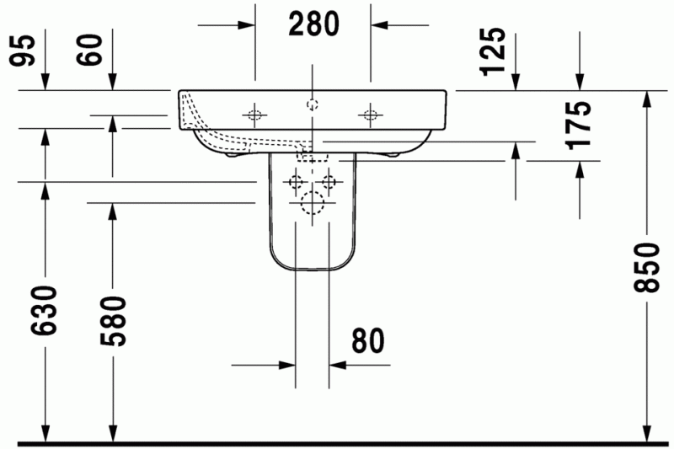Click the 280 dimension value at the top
click(313, 24)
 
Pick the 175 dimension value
click(580, 125)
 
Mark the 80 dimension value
click(367, 341)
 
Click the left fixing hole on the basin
click(253, 115)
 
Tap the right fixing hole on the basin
click(369, 115)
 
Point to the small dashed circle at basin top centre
click(312, 105)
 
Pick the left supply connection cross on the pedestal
click(295, 181)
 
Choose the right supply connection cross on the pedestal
click(329, 181)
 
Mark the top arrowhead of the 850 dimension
click(646, 98)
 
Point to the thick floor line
click(337, 442)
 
